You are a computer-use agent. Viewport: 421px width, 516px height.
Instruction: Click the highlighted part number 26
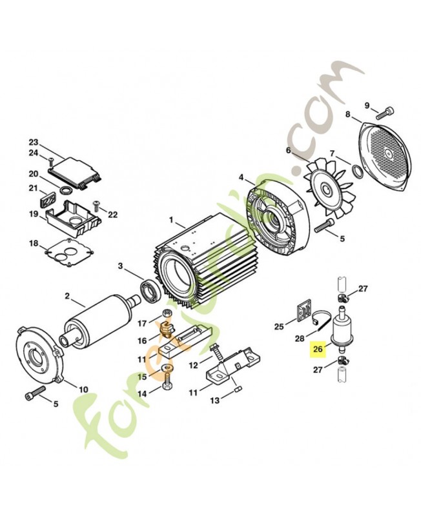317,348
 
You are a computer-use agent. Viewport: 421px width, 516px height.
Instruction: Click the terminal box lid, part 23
75,169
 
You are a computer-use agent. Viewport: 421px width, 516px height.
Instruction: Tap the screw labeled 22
97,206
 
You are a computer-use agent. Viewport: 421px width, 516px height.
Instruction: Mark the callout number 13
216,400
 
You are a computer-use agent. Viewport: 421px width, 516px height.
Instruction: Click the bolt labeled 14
167,385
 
